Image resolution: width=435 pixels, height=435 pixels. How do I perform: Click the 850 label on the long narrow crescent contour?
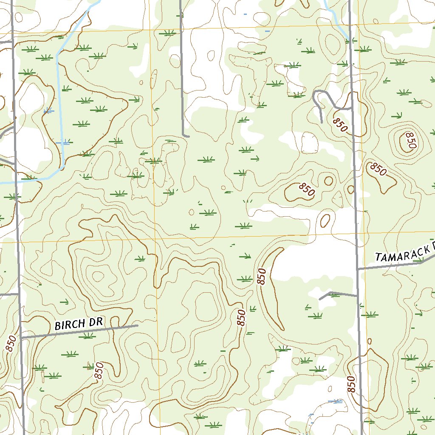pyautogui.click(x=262, y=277)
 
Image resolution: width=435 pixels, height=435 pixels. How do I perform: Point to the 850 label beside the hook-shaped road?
pyautogui.click(x=340, y=125)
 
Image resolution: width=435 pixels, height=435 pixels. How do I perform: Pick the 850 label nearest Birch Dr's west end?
pyautogui.click(x=11, y=343)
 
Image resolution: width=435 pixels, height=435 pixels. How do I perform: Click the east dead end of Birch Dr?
pyautogui.click(x=137, y=326)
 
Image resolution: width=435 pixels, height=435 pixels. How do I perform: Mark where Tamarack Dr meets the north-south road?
pyautogui.click(x=357, y=269)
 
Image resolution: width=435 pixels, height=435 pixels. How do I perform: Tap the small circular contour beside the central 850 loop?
pyautogui.click(x=328, y=181)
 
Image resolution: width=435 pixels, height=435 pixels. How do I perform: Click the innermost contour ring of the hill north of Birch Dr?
pyautogui.click(x=99, y=277)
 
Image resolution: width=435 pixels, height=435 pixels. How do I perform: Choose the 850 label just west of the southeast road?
pyautogui.click(x=351, y=384)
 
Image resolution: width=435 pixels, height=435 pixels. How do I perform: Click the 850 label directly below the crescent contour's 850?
pyautogui.click(x=241, y=318)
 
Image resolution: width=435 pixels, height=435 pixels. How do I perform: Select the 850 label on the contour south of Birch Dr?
pyautogui.click(x=99, y=370)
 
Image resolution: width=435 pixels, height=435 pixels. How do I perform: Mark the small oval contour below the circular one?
pyautogui.click(x=325, y=220)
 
